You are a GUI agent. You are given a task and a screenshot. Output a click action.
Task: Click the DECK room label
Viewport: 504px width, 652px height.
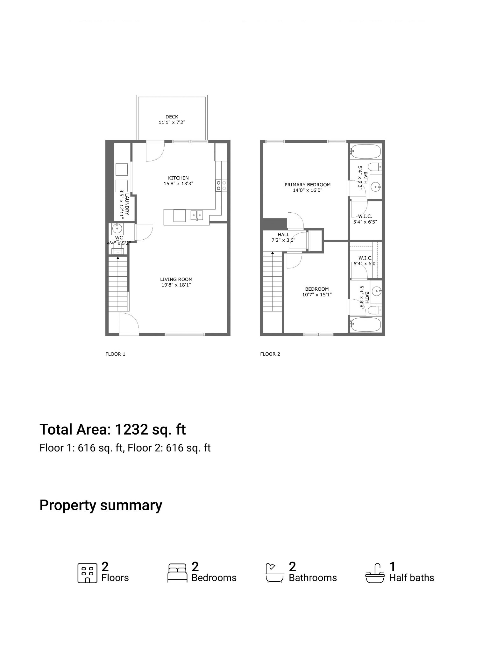[x=172, y=117]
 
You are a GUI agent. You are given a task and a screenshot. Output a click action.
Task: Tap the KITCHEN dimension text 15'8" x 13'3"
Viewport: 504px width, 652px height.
[x=178, y=184]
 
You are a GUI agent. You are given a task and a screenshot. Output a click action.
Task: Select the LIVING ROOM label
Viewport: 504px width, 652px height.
[x=176, y=279]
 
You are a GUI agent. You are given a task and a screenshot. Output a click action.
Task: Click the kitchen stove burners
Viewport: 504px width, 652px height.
[x=221, y=186]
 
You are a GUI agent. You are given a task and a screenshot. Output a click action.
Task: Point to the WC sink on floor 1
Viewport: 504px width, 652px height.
[x=118, y=228]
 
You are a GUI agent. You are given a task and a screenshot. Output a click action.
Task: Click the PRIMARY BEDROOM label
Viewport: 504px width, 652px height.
[x=307, y=185]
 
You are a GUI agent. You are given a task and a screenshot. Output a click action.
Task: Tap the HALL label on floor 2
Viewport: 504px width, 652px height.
[x=283, y=235]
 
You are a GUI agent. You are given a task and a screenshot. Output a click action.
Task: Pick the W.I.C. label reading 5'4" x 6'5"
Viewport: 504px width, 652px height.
[x=365, y=219]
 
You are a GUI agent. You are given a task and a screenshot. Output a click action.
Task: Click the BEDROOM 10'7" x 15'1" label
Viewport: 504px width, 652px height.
[x=317, y=292]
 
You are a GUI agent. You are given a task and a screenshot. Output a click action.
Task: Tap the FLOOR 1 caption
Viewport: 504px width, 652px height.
[x=115, y=354]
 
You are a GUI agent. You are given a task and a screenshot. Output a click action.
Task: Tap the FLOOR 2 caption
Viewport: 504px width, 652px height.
[x=270, y=354]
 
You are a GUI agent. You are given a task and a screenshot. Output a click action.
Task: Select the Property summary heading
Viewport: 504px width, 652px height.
[x=101, y=505]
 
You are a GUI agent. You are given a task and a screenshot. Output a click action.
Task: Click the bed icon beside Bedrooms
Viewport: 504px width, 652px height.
[x=177, y=573]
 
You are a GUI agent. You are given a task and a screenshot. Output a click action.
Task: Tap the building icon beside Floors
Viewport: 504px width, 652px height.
[x=87, y=573]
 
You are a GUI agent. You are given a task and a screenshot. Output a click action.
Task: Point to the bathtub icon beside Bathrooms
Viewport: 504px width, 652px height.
[x=274, y=573]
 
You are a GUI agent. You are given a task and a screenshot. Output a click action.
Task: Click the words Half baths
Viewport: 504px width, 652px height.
[x=411, y=578]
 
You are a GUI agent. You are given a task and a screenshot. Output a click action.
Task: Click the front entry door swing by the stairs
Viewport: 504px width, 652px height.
[x=129, y=323]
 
